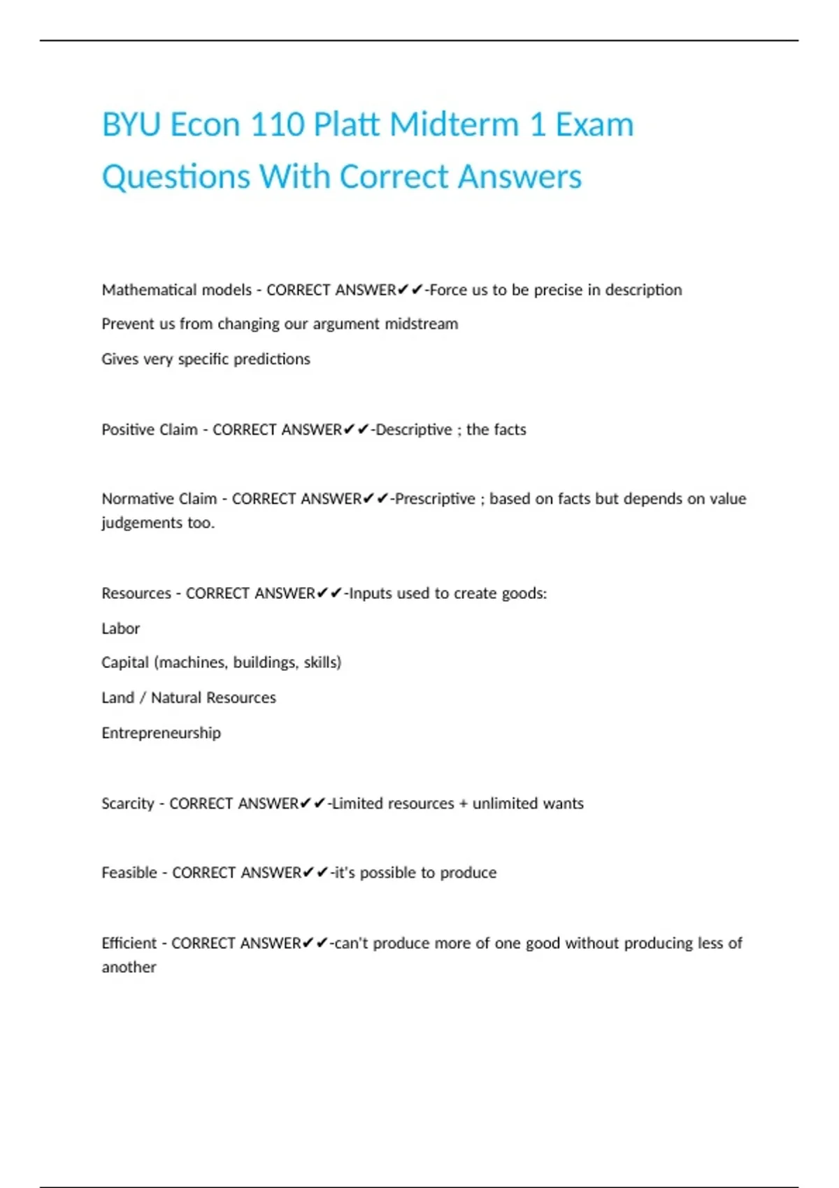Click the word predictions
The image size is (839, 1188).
[x=272, y=359]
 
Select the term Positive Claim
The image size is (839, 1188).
[x=150, y=430]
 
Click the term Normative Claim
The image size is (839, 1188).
[x=159, y=499]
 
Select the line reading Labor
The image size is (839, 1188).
[x=121, y=629]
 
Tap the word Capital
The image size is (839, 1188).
[x=125, y=662]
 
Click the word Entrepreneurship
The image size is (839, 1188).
[x=161, y=733]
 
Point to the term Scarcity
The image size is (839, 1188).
[x=128, y=804]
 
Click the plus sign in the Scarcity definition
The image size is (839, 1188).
[x=464, y=804]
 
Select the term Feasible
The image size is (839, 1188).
[x=129, y=873]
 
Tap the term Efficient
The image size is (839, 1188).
[x=129, y=943]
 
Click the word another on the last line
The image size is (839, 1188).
[x=129, y=967]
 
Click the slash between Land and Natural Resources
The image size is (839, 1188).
[x=143, y=698]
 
